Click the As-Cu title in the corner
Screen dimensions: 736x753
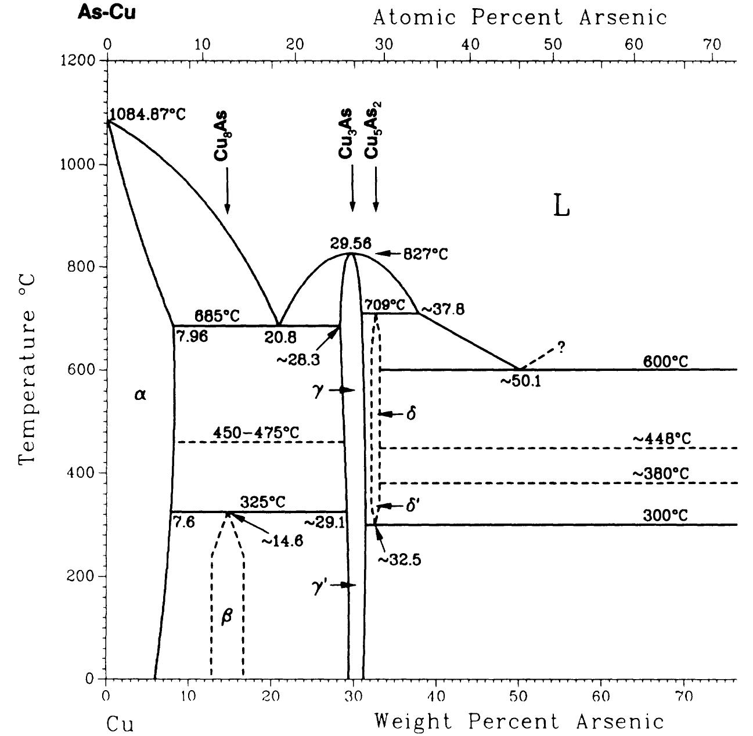(x=106, y=13)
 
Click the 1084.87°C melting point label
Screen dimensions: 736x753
(x=147, y=114)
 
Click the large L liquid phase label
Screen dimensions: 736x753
(x=561, y=206)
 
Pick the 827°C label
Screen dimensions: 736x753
(x=428, y=254)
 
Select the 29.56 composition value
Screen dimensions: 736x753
(x=351, y=243)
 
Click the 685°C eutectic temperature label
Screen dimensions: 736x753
(x=217, y=317)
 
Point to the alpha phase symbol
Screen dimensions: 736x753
(x=140, y=395)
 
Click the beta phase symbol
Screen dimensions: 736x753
(x=226, y=616)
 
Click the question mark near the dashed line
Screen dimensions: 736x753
(x=561, y=347)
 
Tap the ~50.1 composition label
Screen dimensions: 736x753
(x=520, y=381)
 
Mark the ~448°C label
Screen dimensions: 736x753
(x=662, y=439)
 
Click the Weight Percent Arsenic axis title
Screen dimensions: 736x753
(x=518, y=721)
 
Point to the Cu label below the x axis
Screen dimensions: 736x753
(x=120, y=724)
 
